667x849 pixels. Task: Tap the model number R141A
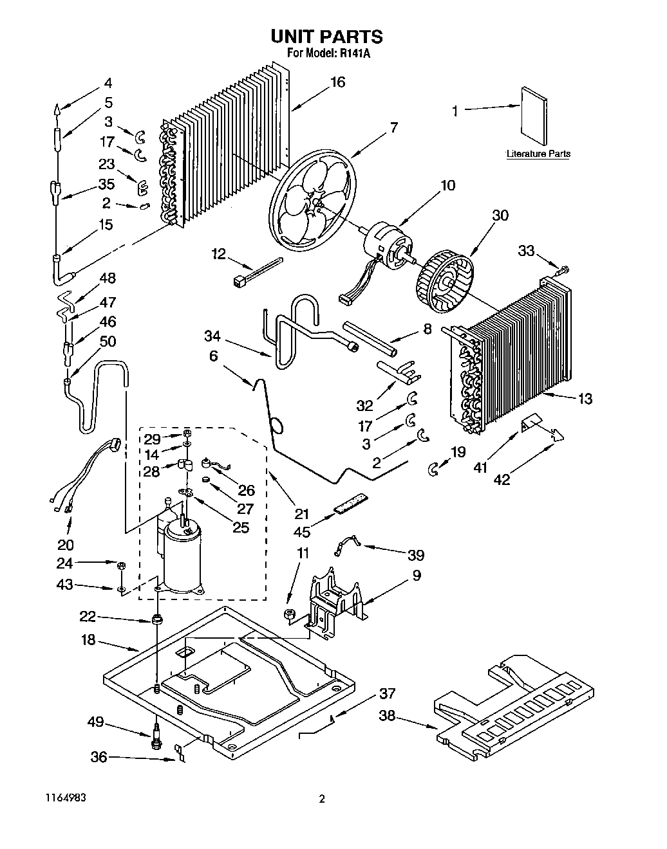354,55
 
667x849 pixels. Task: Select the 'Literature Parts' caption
538,154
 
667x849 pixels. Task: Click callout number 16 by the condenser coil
337,82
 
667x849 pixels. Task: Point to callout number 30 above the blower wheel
500,215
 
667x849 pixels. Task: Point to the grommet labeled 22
156,621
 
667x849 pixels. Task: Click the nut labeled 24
122,565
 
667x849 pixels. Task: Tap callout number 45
302,531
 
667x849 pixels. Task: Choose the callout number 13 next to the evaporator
584,399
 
